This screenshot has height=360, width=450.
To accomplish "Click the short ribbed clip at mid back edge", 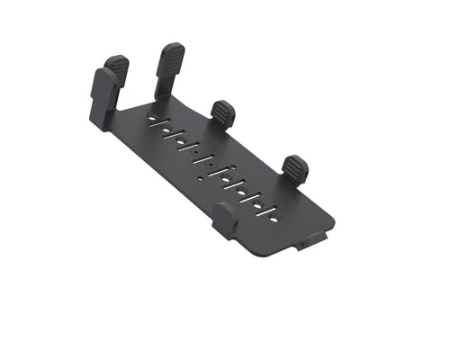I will pyautogui.click(x=223, y=112).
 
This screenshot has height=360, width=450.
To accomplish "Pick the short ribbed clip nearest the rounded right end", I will pyautogui.click(x=295, y=167).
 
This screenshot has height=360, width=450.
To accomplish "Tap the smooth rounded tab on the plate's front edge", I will pyautogui.click(x=226, y=219).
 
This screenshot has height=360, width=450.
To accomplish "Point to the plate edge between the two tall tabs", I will pyautogui.click(x=135, y=105).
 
